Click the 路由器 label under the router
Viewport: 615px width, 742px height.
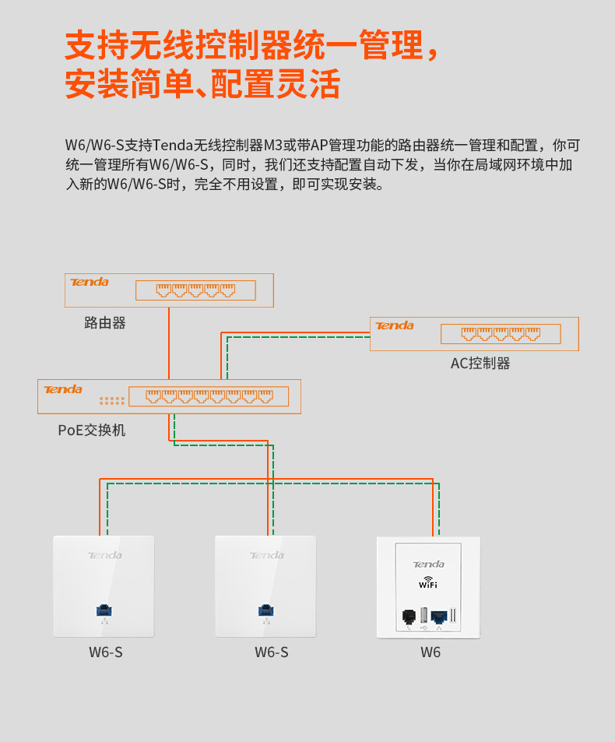(105, 322)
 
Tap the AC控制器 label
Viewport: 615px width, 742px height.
(480, 363)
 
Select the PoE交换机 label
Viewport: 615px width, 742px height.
(91, 429)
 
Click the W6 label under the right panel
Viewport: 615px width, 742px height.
(430, 652)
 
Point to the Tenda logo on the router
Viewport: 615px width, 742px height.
(90, 282)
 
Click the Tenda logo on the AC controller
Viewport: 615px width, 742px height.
(395, 325)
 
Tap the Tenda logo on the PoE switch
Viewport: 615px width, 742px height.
(63, 389)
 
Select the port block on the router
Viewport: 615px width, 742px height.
(195, 290)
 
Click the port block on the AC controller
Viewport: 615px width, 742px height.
(501, 334)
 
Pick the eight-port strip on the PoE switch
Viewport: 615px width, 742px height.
(208, 396)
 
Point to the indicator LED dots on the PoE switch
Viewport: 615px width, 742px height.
(111, 400)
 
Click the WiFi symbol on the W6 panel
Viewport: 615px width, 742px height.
(428, 582)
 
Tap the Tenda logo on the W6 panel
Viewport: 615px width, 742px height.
(428, 564)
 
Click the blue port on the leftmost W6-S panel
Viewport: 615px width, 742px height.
(103, 609)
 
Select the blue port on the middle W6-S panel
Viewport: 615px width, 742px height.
(265, 609)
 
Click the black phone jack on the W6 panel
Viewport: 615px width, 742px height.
(407, 617)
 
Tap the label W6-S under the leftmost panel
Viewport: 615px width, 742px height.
(106, 652)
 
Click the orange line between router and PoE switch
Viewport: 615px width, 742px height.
(169, 343)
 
